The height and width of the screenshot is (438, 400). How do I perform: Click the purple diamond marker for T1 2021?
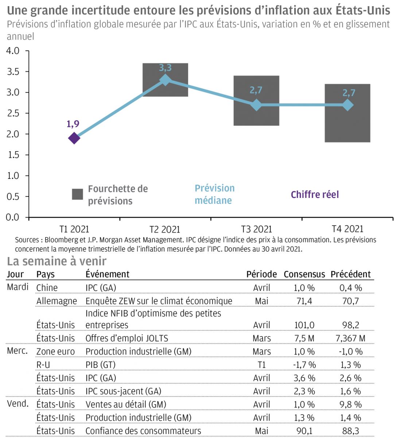(74, 138)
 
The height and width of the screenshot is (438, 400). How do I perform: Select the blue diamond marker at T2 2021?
(165, 80)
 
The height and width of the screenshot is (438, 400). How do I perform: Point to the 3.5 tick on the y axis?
(13, 72)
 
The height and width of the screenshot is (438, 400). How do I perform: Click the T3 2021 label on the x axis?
(256, 229)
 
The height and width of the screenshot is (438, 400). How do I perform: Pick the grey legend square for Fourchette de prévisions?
(77, 194)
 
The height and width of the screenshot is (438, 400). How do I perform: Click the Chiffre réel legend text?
(315, 195)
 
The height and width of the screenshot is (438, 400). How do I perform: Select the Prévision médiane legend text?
(214, 194)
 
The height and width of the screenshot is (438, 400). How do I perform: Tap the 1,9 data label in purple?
(73, 124)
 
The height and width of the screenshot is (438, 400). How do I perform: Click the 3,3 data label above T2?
(165, 68)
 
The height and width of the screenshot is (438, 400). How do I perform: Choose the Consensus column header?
(304, 274)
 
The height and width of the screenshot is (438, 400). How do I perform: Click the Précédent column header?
(350, 274)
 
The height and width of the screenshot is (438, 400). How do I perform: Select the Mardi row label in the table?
(18, 287)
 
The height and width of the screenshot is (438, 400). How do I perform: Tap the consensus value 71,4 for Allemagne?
(304, 301)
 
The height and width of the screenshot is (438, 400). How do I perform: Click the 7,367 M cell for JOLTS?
(350, 338)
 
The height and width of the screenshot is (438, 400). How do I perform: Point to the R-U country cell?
(43, 365)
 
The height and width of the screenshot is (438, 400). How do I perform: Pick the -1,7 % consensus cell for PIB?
(304, 365)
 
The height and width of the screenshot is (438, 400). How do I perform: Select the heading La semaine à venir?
(57, 261)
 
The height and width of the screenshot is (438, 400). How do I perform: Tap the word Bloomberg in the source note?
(62, 240)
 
